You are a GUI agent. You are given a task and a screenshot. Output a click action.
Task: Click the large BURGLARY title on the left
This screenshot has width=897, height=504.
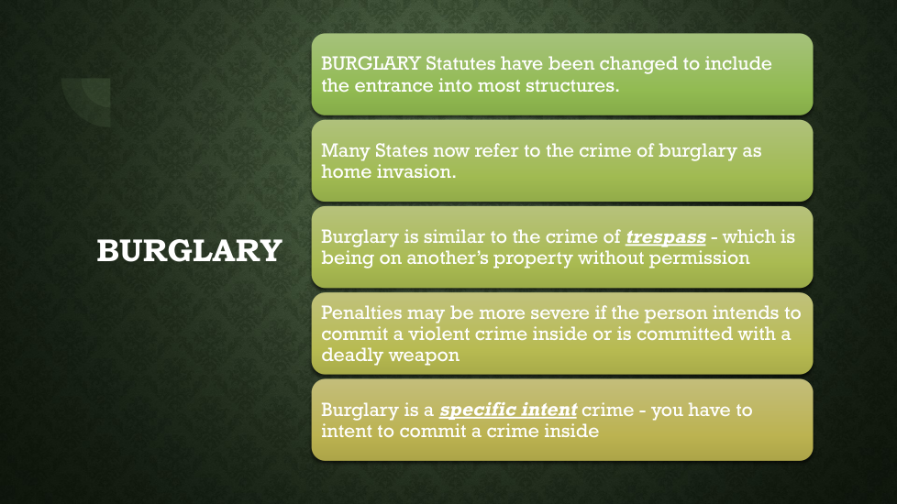point(189,251)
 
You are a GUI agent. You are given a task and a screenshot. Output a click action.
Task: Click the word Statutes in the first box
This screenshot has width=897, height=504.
point(460,63)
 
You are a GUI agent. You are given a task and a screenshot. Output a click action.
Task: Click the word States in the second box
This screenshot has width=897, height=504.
point(402,151)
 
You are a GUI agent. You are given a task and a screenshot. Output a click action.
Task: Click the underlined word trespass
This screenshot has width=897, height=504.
point(666,237)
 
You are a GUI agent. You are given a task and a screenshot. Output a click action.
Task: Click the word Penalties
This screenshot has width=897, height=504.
point(361,312)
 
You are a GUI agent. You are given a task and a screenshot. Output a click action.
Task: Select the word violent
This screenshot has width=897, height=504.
point(438,334)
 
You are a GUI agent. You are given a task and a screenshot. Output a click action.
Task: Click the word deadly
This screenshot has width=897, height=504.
point(352,356)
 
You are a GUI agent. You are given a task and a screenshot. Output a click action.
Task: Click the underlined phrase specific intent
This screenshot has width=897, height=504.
point(508,411)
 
